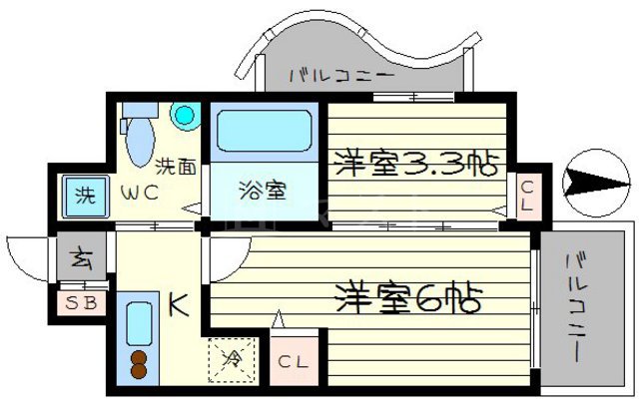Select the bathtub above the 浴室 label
pos(262,132)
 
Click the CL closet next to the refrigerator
pos(292,361)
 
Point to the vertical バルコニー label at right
pos(577,308)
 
